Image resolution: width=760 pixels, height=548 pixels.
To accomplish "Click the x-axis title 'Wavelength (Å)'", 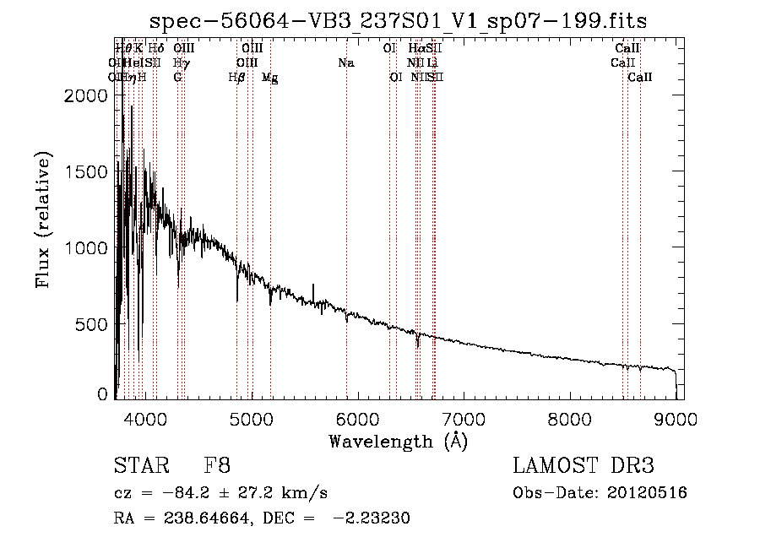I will click(398, 440).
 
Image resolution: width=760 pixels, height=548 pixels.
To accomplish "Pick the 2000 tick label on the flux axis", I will click(87, 95).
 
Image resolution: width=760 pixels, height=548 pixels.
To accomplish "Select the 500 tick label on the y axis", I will click(94, 324).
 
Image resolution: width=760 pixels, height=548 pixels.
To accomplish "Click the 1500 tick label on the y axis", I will click(87, 171).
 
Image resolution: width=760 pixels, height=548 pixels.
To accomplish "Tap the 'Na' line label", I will click(345, 62).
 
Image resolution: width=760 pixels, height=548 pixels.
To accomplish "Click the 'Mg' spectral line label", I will click(270, 77).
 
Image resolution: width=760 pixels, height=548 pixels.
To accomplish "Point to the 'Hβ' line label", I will click(237, 77).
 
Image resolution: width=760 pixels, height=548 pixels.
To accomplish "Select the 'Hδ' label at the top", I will click(156, 49).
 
